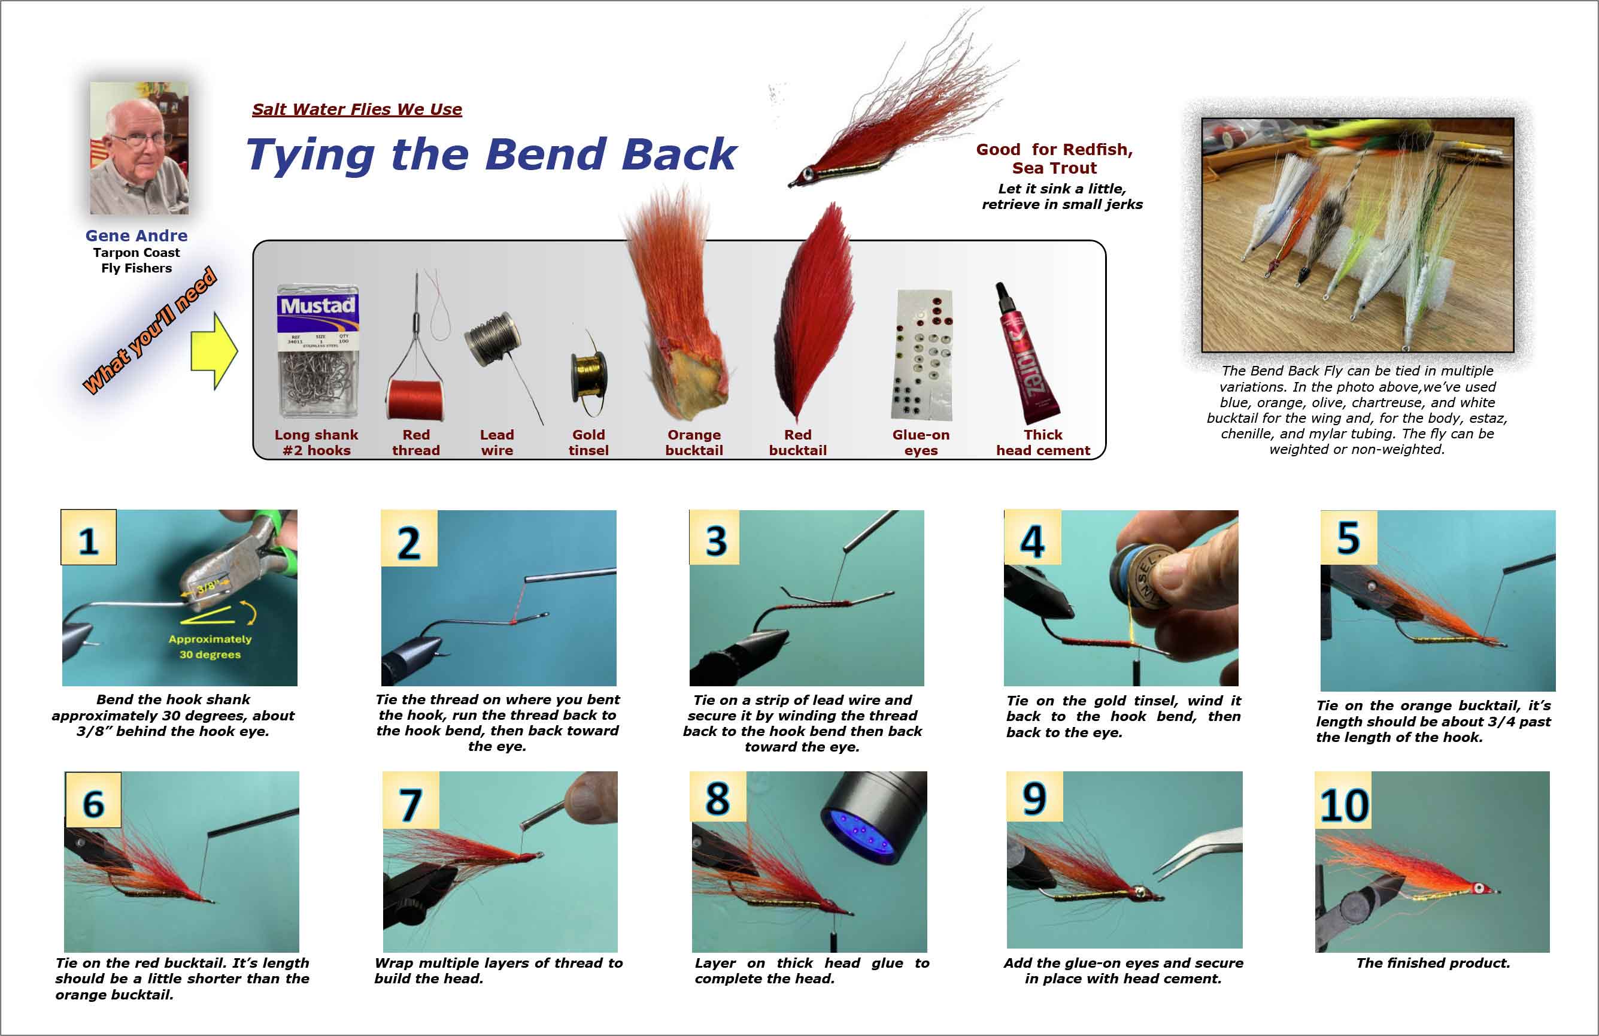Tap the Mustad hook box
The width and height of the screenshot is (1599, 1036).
(x=318, y=352)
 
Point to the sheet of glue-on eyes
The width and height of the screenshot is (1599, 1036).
(x=922, y=355)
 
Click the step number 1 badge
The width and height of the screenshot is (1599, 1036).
(x=89, y=538)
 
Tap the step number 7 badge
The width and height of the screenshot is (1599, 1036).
(x=411, y=800)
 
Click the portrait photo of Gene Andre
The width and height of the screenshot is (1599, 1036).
(x=139, y=148)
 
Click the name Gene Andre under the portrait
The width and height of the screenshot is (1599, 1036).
(x=136, y=236)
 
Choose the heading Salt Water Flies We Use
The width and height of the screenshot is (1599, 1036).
(x=357, y=110)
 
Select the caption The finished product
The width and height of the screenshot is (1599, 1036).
(x=1433, y=963)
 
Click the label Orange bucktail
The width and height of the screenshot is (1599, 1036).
(x=694, y=443)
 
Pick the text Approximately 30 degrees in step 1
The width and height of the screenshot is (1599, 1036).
(x=210, y=646)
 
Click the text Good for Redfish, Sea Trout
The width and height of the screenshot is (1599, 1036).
(x=1054, y=159)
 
